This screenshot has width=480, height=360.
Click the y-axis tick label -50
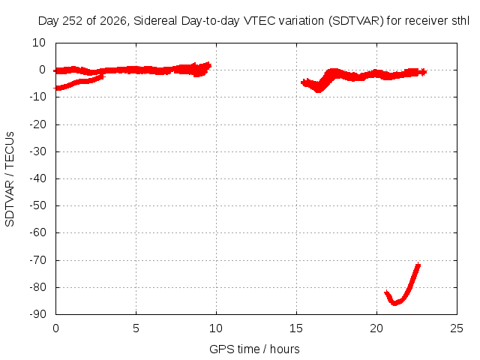(x=37, y=205)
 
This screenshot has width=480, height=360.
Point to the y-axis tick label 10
(x=39, y=43)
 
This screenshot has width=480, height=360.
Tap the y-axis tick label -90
(x=37, y=314)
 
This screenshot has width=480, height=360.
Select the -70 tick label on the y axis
(x=37, y=260)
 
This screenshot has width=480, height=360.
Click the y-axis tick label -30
(x=37, y=151)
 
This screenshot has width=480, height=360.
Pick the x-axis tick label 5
(x=136, y=328)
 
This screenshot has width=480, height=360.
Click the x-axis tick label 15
(x=296, y=328)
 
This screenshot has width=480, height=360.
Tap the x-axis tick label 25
(x=457, y=328)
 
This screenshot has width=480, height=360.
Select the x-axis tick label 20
(x=376, y=328)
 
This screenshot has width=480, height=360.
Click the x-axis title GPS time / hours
(x=254, y=349)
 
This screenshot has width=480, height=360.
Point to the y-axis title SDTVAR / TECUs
(x=10, y=179)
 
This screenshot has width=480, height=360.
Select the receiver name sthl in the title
(x=460, y=21)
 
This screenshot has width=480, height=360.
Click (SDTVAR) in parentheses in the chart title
(x=356, y=21)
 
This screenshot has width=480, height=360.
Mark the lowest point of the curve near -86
(x=395, y=304)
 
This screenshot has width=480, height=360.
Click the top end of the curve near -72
(x=418, y=264)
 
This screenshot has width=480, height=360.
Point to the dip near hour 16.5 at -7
(x=319, y=90)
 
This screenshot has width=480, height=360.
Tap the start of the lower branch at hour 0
(x=55, y=88)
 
